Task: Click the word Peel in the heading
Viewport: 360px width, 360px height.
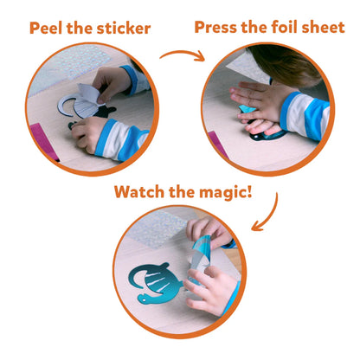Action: tap(46, 29)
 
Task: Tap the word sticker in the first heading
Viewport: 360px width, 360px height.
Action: tap(124, 29)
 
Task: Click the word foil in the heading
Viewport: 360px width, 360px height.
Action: tap(283, 27)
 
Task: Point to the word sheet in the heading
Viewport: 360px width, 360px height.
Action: tap(323, 27)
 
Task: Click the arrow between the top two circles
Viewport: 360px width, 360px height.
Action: tap(183, 55)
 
